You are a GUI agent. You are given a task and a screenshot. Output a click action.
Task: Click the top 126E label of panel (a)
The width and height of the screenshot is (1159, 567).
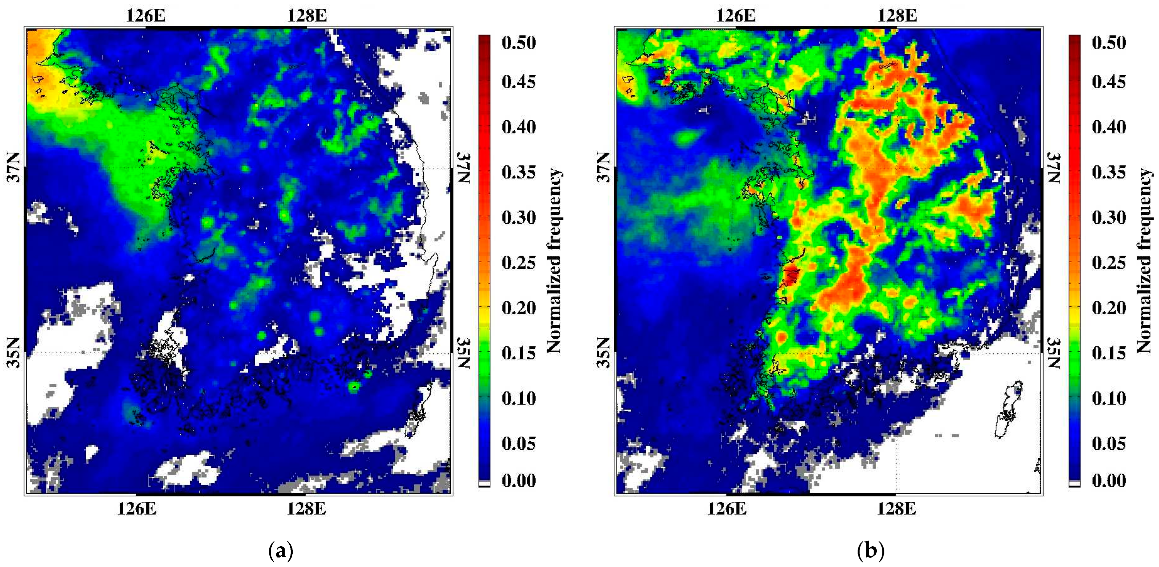tap(145, 16)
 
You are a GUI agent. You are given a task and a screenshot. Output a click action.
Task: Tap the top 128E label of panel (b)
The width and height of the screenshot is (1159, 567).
tap(897, 16)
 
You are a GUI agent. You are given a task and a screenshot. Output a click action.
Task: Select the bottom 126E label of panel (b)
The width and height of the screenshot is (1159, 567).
tap(727, 509)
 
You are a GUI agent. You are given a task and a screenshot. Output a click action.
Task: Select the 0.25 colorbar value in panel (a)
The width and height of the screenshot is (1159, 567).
tap(519, 263)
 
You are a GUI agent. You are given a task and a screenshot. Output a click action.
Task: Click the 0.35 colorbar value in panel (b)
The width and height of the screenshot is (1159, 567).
tap(1109, 172)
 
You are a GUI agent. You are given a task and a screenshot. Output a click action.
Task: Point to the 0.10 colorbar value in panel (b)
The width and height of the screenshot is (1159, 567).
tap(1109, 398)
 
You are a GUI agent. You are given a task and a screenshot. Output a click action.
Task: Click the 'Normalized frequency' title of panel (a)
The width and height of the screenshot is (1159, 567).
tap(554, 261)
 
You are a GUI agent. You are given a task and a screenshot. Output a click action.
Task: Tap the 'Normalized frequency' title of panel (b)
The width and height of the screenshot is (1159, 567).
tap(1145, 261)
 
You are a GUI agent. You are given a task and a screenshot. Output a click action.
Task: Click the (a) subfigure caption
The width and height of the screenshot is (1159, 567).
tap(281, 550)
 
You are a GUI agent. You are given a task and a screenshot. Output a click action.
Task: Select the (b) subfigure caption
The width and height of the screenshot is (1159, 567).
tap(871, 550)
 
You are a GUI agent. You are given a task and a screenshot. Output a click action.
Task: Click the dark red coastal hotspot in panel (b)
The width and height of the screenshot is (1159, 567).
tap(791, 275)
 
